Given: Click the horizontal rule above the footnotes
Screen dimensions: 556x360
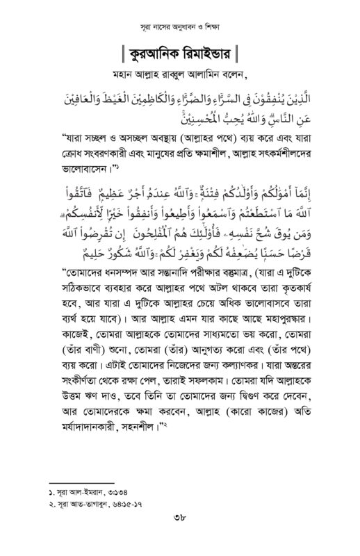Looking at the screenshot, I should point(83,480).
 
